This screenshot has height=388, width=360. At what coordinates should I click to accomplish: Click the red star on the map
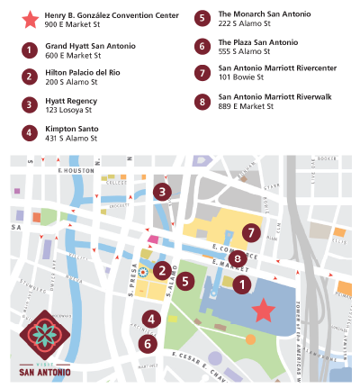263,310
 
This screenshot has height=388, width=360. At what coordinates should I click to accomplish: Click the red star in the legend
31,19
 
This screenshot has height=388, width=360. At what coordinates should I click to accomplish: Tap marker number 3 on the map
161,191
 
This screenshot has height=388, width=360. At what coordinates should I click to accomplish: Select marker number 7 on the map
249,232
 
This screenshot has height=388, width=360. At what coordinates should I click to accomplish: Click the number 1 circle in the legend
31,50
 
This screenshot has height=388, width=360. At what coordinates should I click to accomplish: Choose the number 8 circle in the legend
202,102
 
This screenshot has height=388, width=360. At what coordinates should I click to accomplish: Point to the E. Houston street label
76,169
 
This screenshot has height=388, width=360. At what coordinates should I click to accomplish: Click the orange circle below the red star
249,339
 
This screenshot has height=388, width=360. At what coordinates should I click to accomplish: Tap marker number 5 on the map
184,281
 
